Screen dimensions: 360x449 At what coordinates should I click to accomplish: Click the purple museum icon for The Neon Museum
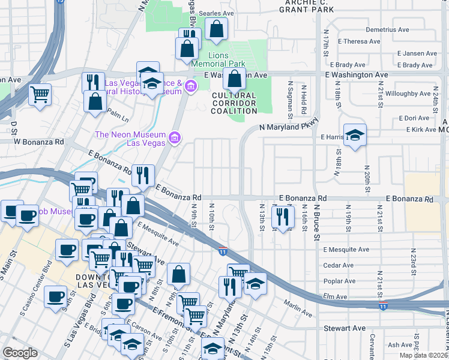175,139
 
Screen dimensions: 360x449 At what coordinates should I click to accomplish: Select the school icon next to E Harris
355,136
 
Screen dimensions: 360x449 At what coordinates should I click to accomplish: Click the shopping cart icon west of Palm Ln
40,94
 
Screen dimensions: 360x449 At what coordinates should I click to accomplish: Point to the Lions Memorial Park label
218,59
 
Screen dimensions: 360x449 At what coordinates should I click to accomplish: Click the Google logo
20,353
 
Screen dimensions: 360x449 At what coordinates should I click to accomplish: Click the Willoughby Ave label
408,94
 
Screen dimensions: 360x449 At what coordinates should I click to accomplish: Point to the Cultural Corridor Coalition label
233,103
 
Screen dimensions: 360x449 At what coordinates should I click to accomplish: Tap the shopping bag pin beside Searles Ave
216,28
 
